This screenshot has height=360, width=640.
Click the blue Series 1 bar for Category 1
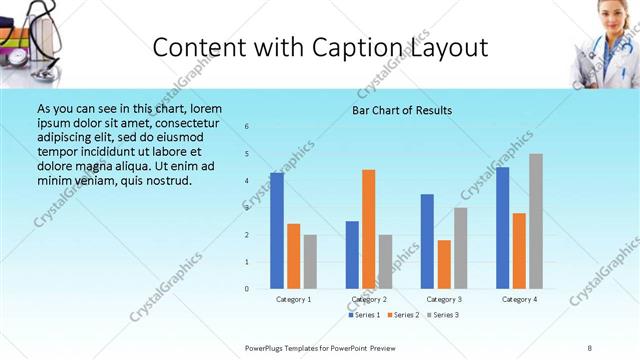(x=277, y=230)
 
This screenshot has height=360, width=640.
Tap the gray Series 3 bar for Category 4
(x=536, y=221)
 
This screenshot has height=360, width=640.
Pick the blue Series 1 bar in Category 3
(x=428, y=241)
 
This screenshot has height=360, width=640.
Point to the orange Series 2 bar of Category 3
(x=444, y=264)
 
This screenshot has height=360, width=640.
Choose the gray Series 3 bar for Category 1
(x=310, y=261)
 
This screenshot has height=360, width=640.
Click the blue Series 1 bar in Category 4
(x=503, y=227)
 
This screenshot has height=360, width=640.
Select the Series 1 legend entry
(x=364, y=315)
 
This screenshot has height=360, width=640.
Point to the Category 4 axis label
(x=519, y=299)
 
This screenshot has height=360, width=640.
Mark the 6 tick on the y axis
(x=247, y=126)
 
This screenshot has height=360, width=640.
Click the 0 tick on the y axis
(x=247, y=289)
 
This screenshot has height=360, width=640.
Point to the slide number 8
(x=590, y=347)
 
